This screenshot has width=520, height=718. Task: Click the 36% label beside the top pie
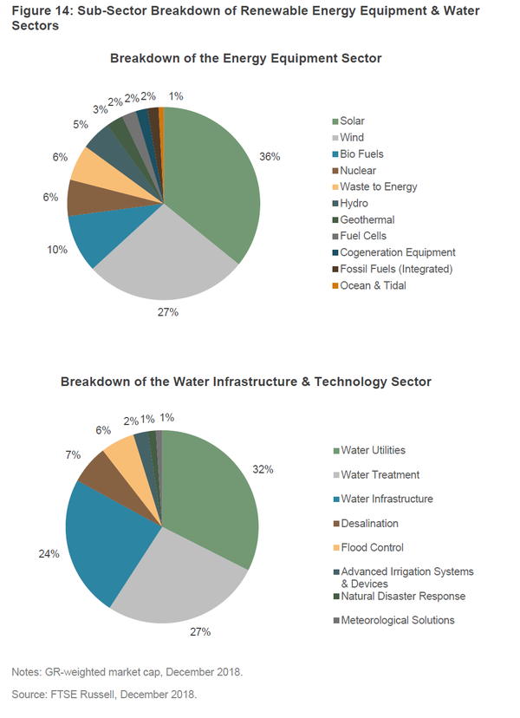[270, 157]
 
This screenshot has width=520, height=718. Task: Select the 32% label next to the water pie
[263, 469]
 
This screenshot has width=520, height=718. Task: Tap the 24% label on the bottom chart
[49, 553]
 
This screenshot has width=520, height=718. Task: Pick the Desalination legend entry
[369, 523]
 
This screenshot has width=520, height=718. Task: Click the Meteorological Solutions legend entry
[397, 620]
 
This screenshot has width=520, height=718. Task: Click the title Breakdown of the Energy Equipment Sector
[246, 58]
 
